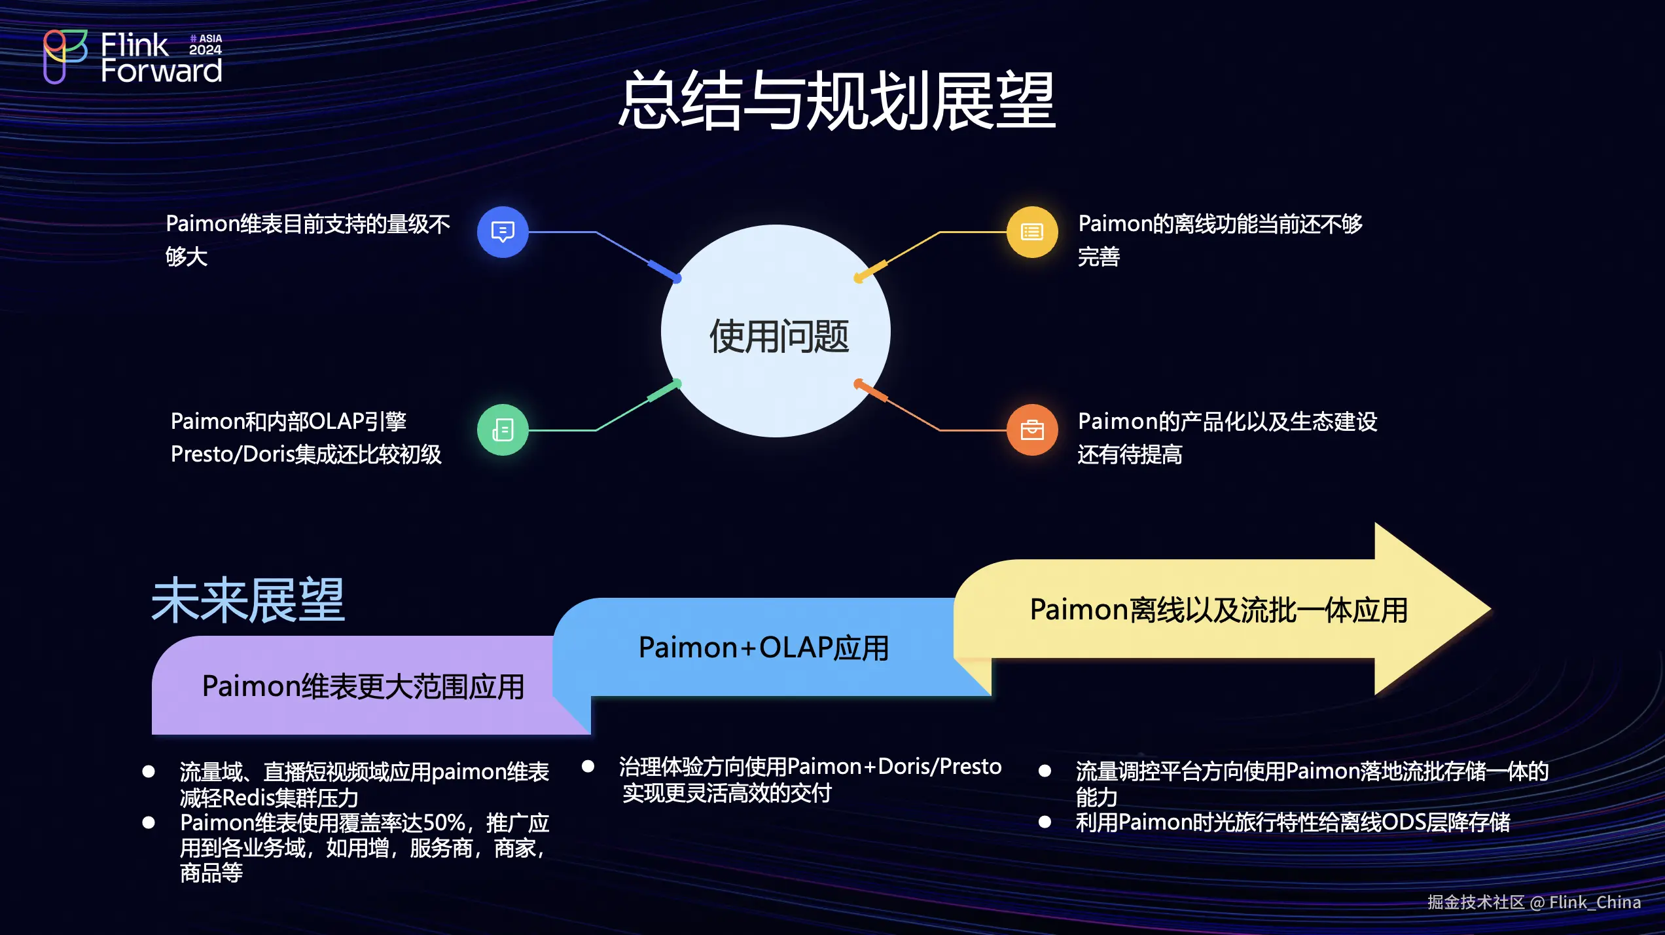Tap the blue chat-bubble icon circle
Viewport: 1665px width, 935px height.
click(x=503, y=232)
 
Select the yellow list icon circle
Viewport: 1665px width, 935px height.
click(x=1031, y=232)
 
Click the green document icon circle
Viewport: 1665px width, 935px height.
click(x=503, y=430)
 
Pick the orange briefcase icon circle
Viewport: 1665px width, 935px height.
click(x=1031, y=430)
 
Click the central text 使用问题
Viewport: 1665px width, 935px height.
click(x=778, y=337)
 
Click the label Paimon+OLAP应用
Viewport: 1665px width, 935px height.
click(x=763, y=648)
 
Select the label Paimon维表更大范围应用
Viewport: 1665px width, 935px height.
click(x=363, y=687)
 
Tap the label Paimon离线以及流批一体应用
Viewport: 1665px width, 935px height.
click(x=1218, y=610)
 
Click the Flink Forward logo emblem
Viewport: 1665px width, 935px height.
click(x=64, y=56)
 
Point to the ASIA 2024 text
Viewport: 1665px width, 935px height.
click(x=206, y=45)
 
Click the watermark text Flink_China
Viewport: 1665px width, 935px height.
click(x=1594, y=902)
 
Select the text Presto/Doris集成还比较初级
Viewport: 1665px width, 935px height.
click(x=306, y=454)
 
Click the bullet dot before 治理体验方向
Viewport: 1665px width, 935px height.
click(x=588, y=766)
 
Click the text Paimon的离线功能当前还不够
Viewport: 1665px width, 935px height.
click(x=1219, y=224)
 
